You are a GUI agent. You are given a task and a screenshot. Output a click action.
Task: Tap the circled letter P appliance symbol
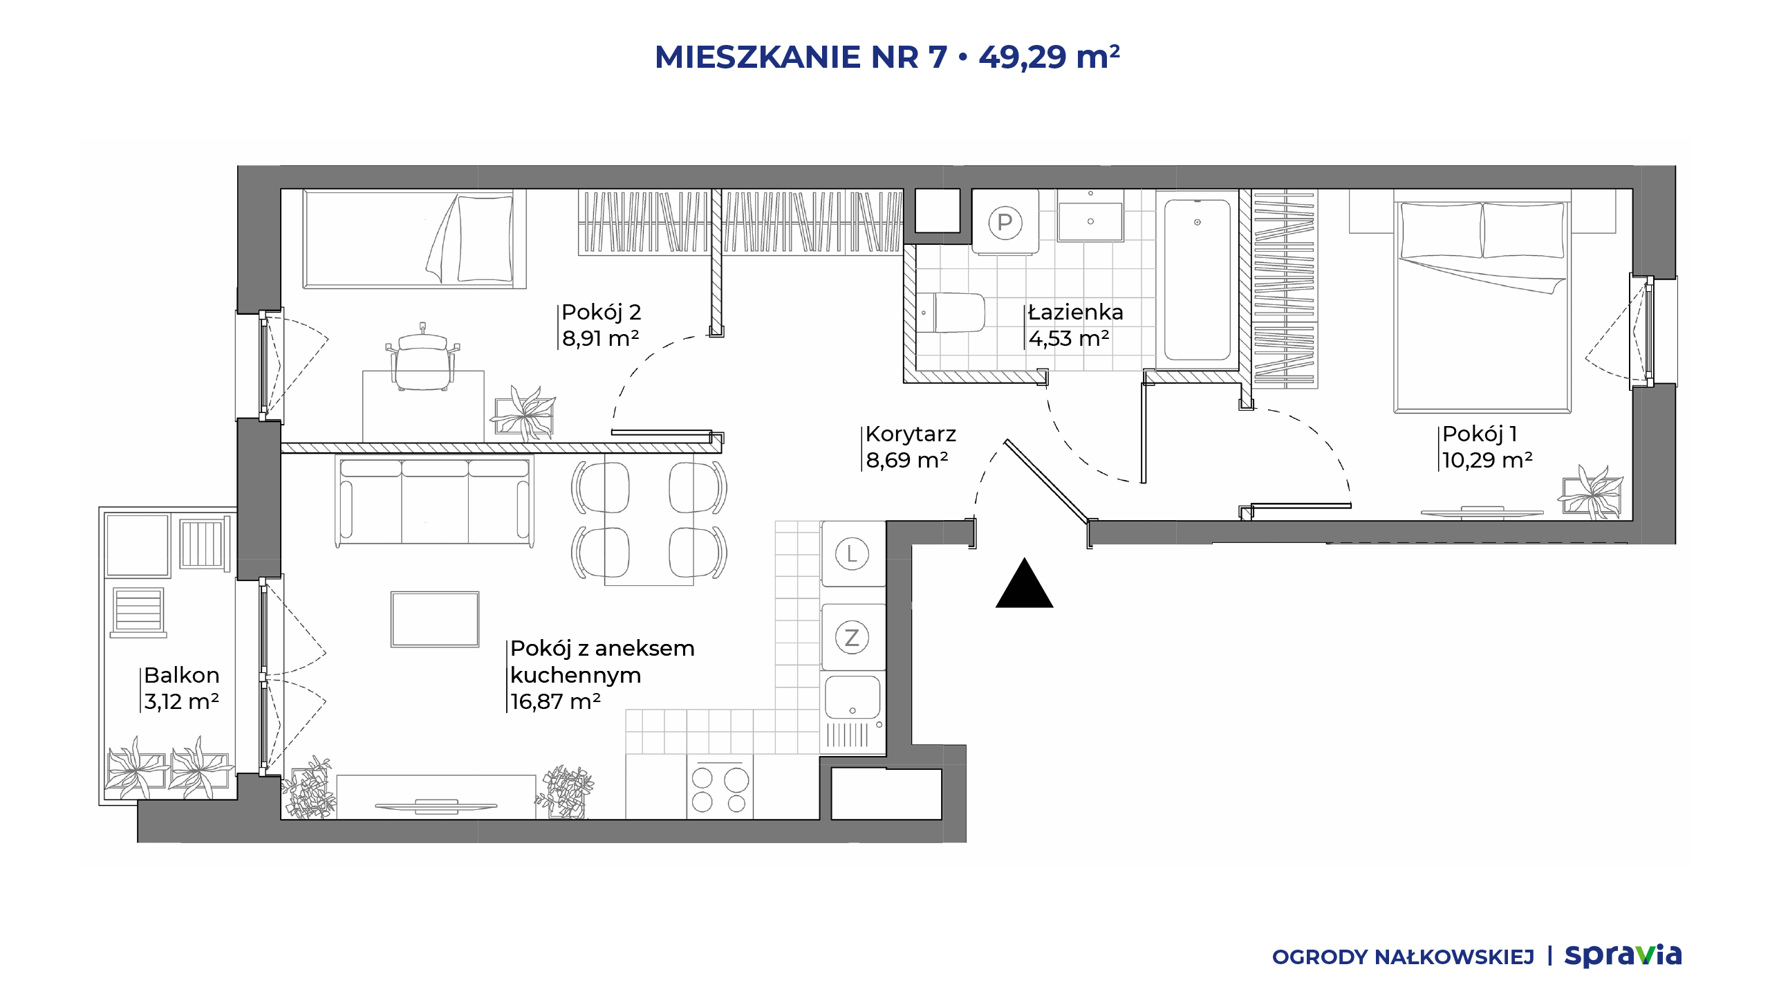(1005, 223)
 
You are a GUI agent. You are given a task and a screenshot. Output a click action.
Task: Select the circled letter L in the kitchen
(852, 554)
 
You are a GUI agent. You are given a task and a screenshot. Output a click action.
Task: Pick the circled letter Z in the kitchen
(852, 638)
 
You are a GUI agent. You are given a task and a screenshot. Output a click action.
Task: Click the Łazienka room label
(1075, 313)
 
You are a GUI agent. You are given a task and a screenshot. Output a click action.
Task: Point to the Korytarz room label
(911, 434)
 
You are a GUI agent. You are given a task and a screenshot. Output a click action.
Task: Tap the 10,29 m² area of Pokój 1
(1487, 460)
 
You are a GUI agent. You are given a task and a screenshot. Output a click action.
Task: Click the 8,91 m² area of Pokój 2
(600, 338)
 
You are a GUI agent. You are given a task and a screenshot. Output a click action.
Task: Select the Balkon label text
(182, 675)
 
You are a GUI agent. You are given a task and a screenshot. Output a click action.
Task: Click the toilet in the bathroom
(950, 313)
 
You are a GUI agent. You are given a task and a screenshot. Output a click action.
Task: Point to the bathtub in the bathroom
(1198, 280)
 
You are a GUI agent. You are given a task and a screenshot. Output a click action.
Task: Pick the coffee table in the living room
(435, 619)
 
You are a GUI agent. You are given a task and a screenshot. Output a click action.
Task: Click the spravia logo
(1623, 956)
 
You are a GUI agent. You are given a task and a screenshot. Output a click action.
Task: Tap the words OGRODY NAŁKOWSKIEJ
(1403, 957)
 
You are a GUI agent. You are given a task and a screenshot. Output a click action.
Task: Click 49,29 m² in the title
(1049, 57)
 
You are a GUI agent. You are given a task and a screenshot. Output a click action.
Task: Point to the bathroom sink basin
(1090, 221)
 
